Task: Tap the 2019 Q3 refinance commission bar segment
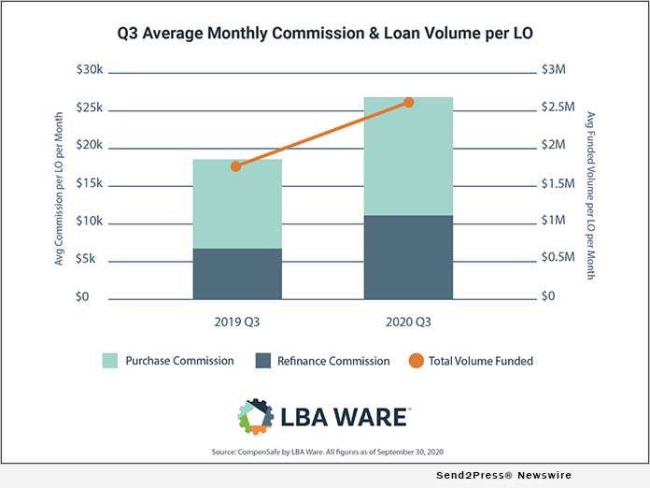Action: coord(237,273)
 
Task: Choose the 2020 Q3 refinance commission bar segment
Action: coord(408,257)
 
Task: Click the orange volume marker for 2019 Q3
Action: coord(236,166)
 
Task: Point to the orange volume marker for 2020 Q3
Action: coord(408,102)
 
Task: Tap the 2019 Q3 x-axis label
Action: coord(237,323)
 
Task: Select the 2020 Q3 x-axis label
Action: coord(408,323)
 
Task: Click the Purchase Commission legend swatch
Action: coord(109,360)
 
